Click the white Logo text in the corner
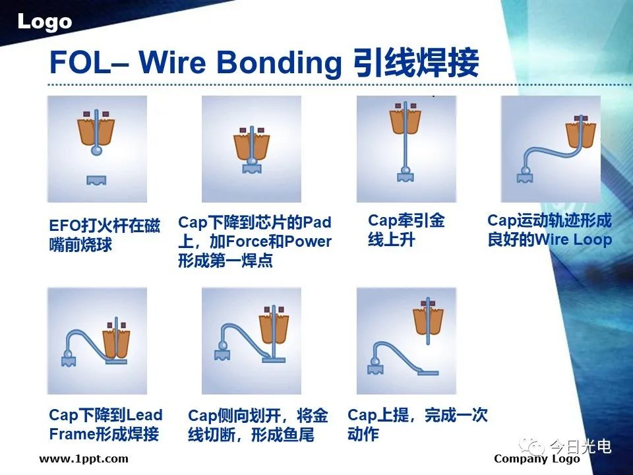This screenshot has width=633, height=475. pos(45,22)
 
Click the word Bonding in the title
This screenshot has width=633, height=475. pos(279,63)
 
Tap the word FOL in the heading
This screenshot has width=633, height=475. pos(80,62)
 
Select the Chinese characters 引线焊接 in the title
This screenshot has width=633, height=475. pos(415,62)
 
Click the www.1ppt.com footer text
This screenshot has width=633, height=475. pos(84,459)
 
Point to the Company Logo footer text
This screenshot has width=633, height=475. pos(537,459)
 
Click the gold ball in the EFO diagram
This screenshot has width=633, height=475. pos(96,150)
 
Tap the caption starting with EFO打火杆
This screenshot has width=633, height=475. pos(105,235)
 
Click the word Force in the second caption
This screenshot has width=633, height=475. pos(246,241)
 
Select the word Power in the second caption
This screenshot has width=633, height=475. pos(308,241)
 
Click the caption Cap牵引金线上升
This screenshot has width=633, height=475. pos(406,230)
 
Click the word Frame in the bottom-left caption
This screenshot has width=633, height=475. pos(71,434)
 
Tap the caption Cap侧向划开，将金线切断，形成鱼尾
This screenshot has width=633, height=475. pos(258,426)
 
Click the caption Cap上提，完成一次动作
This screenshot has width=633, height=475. pos(417,424)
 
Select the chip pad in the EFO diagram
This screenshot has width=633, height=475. pos(97,180)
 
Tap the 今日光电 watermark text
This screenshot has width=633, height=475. pos(580,446)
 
